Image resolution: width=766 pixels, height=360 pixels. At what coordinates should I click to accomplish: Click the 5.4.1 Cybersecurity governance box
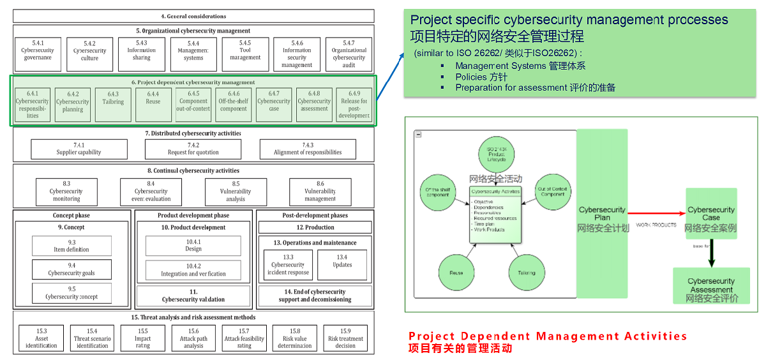point(38,54)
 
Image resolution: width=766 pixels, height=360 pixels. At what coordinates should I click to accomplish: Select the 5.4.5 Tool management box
point(245,54)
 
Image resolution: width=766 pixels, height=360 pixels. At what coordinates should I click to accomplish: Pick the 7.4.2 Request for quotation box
point(193,149)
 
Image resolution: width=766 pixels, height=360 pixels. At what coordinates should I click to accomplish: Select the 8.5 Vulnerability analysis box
point(236,191)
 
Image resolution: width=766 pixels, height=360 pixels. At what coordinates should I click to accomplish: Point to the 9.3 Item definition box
point(71,246)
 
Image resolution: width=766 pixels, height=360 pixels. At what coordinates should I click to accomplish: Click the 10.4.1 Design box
point(193,246)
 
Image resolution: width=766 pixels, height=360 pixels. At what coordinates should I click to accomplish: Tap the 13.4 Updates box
point(342,264)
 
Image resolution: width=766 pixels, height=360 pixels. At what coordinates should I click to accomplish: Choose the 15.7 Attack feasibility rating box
point(244,338)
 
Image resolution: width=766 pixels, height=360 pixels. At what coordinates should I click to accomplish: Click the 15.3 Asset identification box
point(41,338)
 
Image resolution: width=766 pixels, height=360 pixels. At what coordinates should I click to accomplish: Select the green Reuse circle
point(456,273)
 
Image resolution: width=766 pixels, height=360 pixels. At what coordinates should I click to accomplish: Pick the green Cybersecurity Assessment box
point(711,285)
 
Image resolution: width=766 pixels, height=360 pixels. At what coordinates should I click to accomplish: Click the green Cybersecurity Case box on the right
point(711,214)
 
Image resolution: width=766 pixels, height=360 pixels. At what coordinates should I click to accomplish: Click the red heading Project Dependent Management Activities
point(548,336)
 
